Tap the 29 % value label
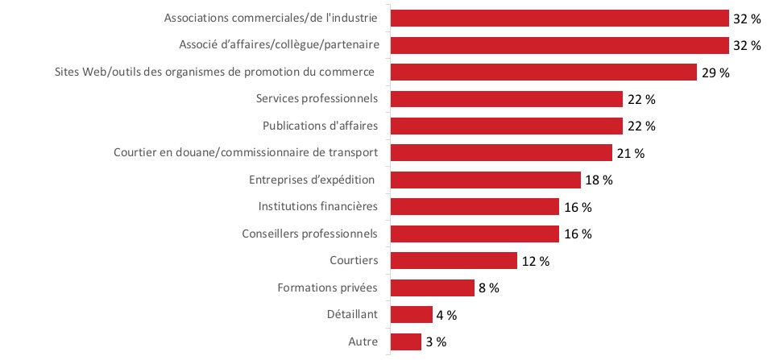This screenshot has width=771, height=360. click(x=715, y=72)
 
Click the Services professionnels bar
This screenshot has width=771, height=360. click(x=506, y=99)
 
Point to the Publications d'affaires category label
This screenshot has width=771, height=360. click(x=321, y=126)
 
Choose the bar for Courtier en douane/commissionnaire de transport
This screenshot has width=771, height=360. click(x=500, y=153)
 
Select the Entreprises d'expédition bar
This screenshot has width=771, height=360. click(x=485, y=180)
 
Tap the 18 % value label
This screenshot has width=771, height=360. click(x=598, y=180)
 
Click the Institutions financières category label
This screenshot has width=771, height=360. click(x=318, y=207)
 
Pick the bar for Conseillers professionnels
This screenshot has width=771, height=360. click(x=474, y=234)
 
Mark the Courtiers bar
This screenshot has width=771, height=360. click(x=453, y=261)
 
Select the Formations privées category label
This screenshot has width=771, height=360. click(x=327, y=288)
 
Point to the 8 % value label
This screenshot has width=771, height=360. click(x=489, y=288)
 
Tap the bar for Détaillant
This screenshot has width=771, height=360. click(x=411, y=315)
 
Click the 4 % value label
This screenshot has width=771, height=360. click(x=446, y=315)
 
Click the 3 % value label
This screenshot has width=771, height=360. click(x=436, y=342)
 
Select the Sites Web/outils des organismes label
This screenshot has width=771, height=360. click(x=214, y=72)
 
